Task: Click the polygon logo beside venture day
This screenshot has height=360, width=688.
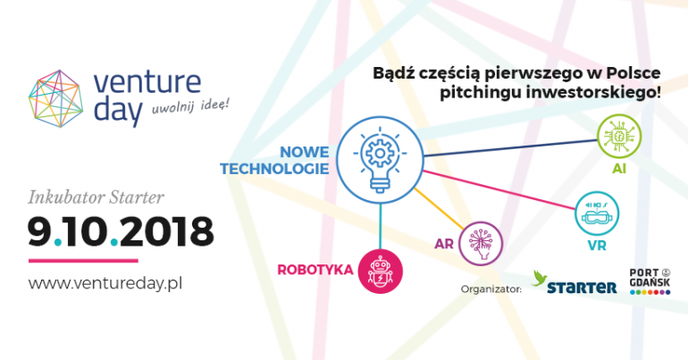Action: click(x=55, y=98)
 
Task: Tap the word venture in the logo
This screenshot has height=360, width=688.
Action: click(x=147, y=81)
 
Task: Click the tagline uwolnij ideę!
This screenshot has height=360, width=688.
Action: click(x=190, y=107)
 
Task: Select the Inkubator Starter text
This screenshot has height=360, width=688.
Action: click(x=96, y=197)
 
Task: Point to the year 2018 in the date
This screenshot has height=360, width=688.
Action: click(x=167, y=231)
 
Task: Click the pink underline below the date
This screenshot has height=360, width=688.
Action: click(x=83, y=261)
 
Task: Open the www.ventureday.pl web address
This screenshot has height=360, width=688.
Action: click(x=105, y=283)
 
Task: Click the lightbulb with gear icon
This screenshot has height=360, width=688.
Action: click(x=380, y=160)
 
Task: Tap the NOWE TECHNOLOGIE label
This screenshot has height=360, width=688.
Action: click(x=274, y=161)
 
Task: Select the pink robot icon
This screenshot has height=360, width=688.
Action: click(x=381, y=271)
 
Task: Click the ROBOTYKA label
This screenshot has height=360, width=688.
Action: click(x=315, y=269)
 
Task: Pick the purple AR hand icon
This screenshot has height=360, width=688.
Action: click(x=481, y=243)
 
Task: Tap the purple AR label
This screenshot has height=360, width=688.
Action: click(x=443, y=244)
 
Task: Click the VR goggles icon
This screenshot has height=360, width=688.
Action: click(x=597, y=213)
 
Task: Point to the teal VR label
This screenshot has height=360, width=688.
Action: click(x=597, y=246)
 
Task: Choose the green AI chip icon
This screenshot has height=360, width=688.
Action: click(x=619, y=136)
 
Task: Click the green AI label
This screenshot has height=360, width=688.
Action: click(x=619, y=169)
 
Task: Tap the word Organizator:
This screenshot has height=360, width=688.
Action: click(x=491, y=289)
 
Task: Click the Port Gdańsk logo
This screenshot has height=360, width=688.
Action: click(x=650, y=281)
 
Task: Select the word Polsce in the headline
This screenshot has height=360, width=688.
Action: click(x=633, y=72)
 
